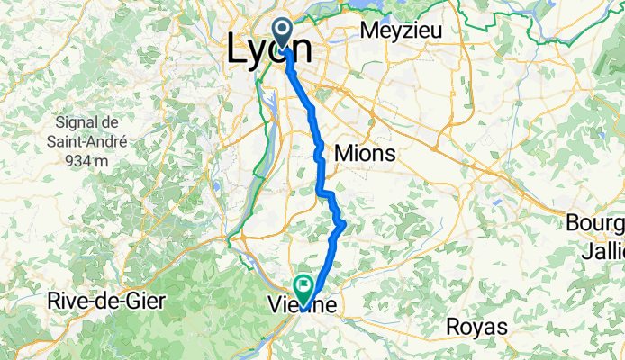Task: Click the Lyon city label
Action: click(269, 49)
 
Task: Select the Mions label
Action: click(364, 154)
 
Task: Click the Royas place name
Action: click(477, 325)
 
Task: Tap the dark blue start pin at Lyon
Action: click(284, 35)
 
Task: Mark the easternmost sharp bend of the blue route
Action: click(343, 222)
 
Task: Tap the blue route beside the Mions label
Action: click(319, 156)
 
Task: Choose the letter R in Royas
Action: click(453, 325)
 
